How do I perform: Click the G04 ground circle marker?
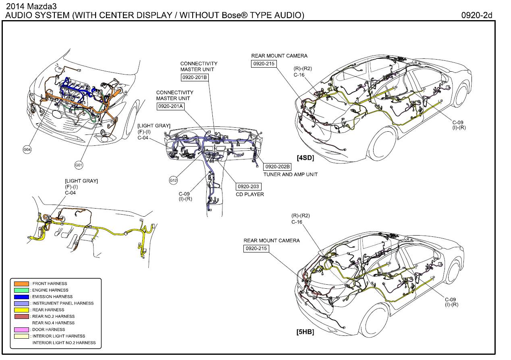(x=27, y=150)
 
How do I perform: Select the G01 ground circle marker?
(x=79, y=165)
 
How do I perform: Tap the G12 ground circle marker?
(x=173, y=180)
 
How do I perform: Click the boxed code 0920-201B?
(x=194, y=77)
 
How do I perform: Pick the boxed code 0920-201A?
(x=170, y=106)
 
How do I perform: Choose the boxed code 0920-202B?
(x=277, y=166)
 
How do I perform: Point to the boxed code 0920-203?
(x=248, y=186)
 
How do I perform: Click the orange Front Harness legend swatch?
(x=21, y=284)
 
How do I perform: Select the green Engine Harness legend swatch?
(x=21, y=290)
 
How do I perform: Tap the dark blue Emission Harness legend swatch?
(x=21, y=297)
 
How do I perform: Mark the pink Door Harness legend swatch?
(x=21, y=330)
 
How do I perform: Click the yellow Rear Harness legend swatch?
(x=21, y=310)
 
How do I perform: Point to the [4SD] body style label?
(x=305, y=158)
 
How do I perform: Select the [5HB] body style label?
(x=305, y=332)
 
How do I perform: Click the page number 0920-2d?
(x=477, y=15)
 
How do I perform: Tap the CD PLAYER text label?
(x=250, y=194)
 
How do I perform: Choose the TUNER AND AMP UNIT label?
(x=290, y=174)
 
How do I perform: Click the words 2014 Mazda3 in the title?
(x=25, y=7)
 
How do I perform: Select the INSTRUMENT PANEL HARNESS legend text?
(x=63, y=303)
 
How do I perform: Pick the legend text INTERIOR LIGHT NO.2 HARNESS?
(x=64, y=343)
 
